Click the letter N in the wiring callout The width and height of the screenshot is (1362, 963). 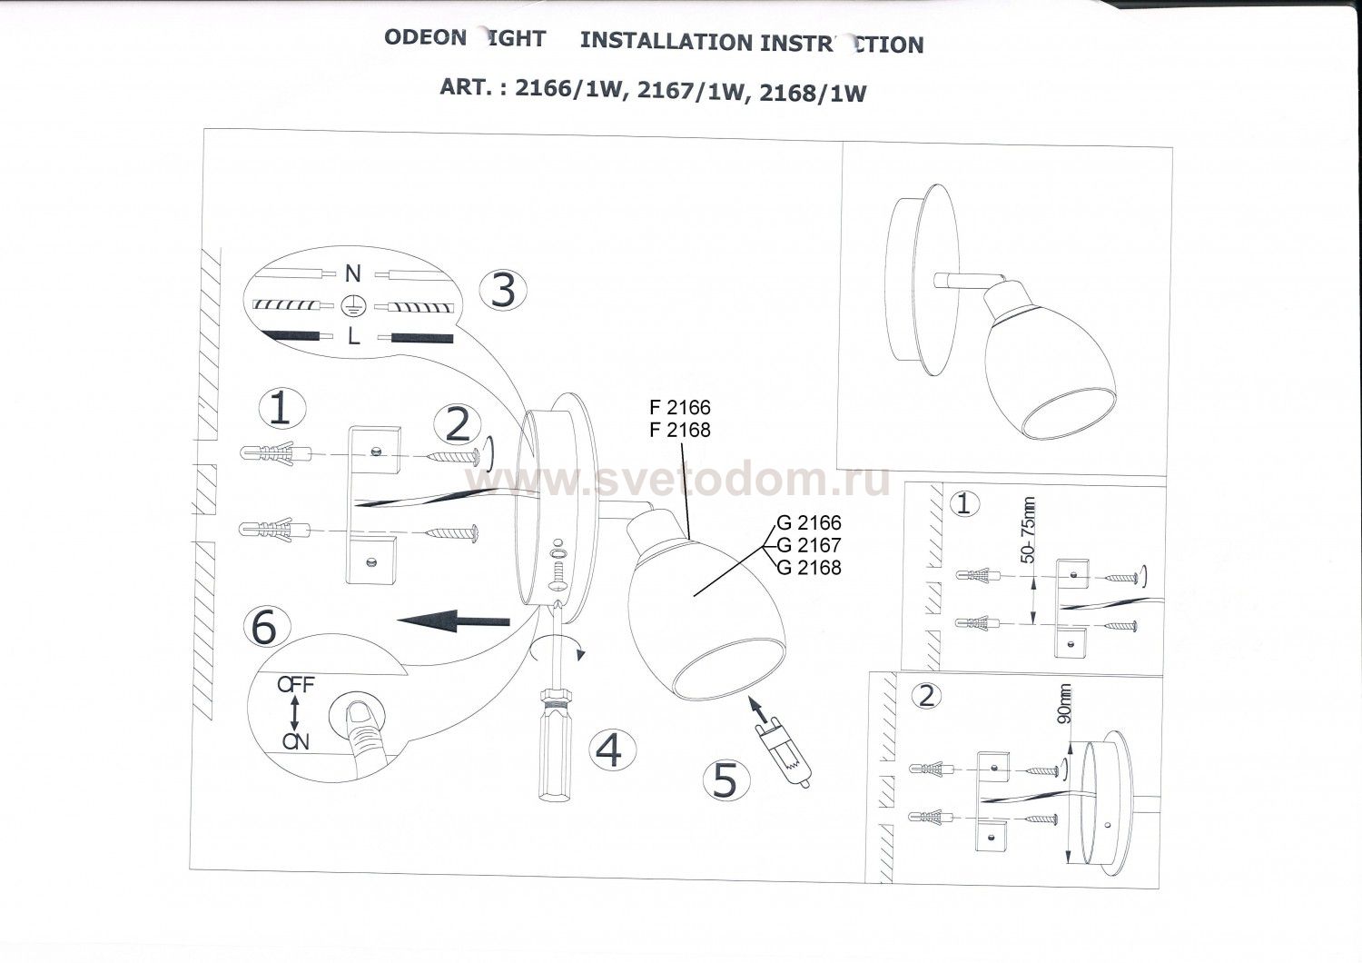352,273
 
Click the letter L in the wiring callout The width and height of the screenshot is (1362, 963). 353,337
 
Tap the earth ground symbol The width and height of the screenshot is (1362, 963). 353,305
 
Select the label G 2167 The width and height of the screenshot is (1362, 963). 810,545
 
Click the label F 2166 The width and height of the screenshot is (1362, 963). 681,406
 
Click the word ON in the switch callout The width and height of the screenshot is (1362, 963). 295,741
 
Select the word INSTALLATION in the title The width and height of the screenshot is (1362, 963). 666,42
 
